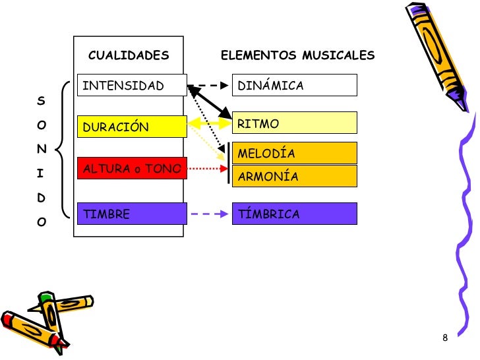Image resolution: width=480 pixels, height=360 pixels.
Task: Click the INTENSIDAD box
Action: click(x=132, y=86)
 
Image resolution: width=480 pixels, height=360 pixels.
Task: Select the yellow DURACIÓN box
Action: click(x=132, y=127)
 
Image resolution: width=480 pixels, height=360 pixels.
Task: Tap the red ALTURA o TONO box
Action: click(x=132, y=169)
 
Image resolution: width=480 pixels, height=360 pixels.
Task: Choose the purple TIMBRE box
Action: click(x=132, y=214)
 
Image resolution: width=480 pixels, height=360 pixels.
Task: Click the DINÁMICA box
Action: click(x=294, y=86)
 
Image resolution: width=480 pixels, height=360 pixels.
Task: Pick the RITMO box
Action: click(x=294, y=123)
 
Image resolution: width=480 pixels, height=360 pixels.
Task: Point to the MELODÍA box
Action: click(x=294, y=153)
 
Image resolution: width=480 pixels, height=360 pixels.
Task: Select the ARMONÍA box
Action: click(x=294, y=176)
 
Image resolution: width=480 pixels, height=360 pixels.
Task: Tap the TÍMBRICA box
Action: click(x=294, y=214)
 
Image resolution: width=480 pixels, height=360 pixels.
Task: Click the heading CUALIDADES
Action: click(x=129, y=55)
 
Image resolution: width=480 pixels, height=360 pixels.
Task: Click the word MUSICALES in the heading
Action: click(x=338, y=55)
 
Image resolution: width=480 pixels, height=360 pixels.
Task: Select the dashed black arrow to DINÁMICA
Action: click(x=211, y=86)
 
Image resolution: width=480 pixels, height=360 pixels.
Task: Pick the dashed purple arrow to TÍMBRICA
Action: click(x=210, y=214)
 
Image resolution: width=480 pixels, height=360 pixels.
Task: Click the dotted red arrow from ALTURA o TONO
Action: click(x=208, y=169)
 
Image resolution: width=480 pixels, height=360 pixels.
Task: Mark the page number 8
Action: click(x=445, y=338)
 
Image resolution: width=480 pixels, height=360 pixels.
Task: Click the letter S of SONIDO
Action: click(x=41, y=101)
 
